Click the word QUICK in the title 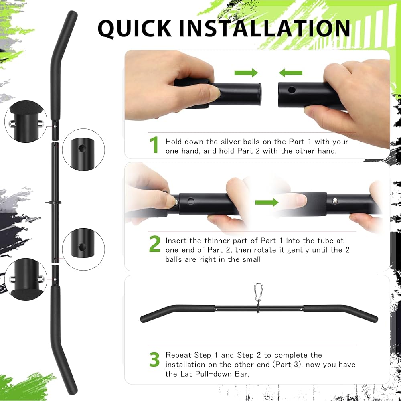[134, 28]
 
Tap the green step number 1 [154, 145]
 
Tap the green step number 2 [155, 244]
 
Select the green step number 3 [154, 359]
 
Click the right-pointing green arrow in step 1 [246, 73]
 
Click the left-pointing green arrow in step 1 [290, 73]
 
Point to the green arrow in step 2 [267, 202]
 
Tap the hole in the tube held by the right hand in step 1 [292, 90]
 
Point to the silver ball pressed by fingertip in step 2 [176, 203]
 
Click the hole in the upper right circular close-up [82, 148]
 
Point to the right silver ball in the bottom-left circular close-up [41, 279]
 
